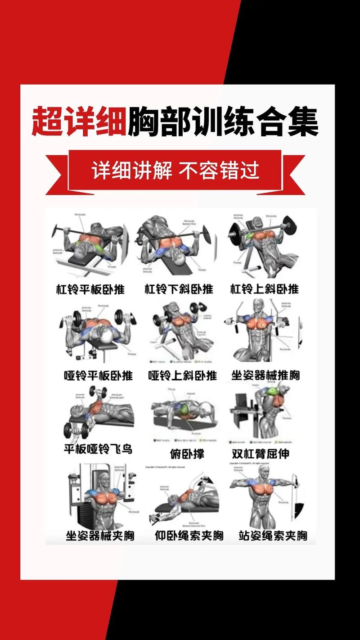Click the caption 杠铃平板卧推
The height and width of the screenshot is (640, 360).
tap(90, 288)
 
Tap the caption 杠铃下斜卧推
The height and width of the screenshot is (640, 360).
tap(179, 288)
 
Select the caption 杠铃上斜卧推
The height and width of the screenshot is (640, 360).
tap(265, 288)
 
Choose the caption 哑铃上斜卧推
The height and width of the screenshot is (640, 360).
tap(182, 375)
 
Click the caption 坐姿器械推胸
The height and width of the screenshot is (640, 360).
tap(265, 375)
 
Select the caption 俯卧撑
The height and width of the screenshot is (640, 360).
tap(187, 454)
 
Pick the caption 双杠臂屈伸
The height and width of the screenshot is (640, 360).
tap(260, 453)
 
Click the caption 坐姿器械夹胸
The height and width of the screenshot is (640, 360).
tap(100, 536)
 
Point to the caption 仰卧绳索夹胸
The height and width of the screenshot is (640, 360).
tap(189, 536)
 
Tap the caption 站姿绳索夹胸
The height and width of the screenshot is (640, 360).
tap(273, 536)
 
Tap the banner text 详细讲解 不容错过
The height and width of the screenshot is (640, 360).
tap(175, 171)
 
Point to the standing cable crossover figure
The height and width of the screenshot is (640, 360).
tap(265, 495)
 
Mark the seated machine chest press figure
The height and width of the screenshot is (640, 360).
tap(261, 333)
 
